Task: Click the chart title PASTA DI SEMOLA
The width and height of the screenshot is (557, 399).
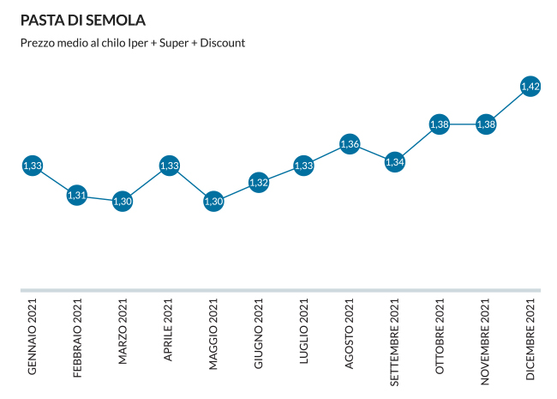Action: pyautogui.click(x=82, y=20)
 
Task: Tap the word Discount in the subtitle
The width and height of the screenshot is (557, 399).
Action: pyautogui.click(x=223, y=42)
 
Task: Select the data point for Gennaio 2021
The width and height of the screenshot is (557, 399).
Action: pyautogui.click(x=33, y=166)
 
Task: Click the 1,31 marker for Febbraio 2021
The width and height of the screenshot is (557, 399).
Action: pyautogui.click(x=77, y=195)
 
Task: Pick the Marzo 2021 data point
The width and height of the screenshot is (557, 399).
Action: pyautogui.click(x=123, y=201)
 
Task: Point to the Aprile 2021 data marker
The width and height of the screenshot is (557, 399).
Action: pyautogui.click(x=169, y=166)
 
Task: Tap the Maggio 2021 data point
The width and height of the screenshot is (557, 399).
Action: pyautogui.click(x=213, y=201)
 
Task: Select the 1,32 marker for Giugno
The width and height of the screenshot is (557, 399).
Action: pyautogui.click(x=259, y=183)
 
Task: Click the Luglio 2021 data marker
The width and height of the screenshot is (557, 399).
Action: pyautogui.click(x=303, y=166)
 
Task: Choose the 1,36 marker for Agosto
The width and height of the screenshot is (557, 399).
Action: pyautogui.click(x=349, y=143)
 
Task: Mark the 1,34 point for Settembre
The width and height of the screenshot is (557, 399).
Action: pyautogui.click(x=394, y=160)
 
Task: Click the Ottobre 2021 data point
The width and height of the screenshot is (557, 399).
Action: pyautogui.click(x=440, y=124)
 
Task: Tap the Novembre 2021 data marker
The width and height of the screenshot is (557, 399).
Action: pyautogui.click(x=485, y=124)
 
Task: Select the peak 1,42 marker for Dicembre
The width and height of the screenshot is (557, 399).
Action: pyautogui.click(x=530, y=86)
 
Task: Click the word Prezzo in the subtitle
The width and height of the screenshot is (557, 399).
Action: pyautogui.click(x=37, y=42)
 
